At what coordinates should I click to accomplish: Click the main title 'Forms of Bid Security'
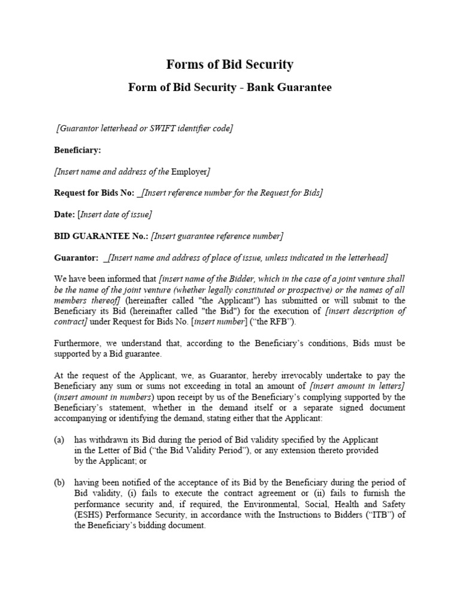point(230,65)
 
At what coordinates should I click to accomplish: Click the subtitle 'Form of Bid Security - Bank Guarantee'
point(230,87)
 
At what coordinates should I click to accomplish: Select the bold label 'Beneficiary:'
point(78,150)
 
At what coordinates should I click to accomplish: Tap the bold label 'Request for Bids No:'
point(95,193)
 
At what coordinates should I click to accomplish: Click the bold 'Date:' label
point(64,214)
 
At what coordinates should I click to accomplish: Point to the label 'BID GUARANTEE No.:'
point(101,236)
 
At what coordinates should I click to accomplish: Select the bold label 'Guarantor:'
point(77,257)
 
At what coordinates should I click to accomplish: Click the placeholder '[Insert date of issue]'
point(114,214)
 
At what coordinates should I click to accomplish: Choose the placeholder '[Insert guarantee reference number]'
point(217,236)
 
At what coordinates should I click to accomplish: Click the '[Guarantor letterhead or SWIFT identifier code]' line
point(144,129)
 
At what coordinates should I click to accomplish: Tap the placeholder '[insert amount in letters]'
point(358,386)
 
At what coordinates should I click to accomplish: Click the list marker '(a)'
point(59,439)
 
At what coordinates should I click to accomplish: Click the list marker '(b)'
point(59,482)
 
